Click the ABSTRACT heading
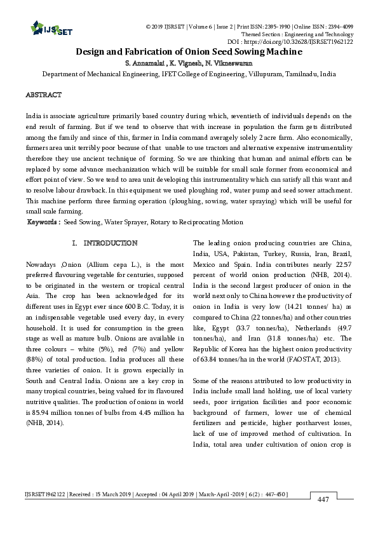43,95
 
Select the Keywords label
44,222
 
